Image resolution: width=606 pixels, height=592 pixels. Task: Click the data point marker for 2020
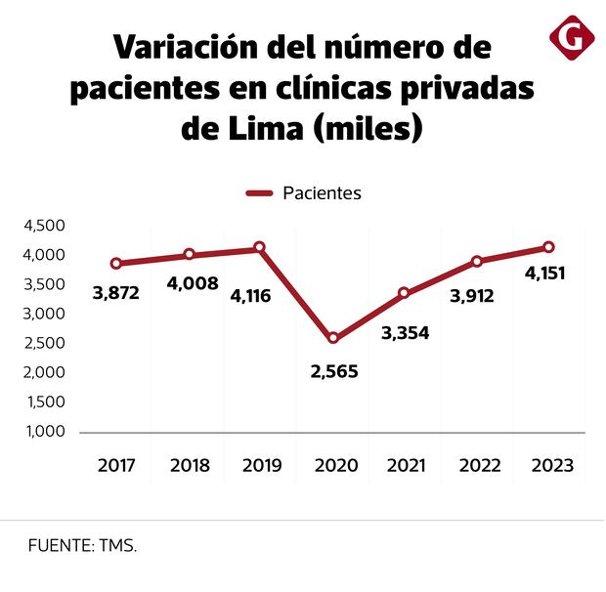coord(333,338)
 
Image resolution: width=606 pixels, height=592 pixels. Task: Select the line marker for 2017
coord(116,264)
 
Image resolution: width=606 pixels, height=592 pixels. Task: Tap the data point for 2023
coord(548,247)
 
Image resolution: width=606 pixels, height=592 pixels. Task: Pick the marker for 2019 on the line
coord(260,248)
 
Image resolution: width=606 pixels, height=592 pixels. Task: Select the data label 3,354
coord(406,332)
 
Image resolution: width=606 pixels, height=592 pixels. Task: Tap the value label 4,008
coord(193,284)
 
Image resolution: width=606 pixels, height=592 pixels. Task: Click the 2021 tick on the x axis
coord(406,466)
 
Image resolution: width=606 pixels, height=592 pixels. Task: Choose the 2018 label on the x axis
coord(190,466)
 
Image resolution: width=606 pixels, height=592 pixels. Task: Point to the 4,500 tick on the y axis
coord(43,226)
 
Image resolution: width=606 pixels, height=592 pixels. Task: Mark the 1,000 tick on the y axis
coord(43,432)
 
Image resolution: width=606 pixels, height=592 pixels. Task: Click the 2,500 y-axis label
coord(43,343)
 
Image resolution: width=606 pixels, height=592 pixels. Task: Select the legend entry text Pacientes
coord(322,193)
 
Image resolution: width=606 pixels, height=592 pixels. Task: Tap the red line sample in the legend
coord(258,193)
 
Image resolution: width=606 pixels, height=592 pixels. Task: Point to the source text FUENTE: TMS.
coord(82,545)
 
